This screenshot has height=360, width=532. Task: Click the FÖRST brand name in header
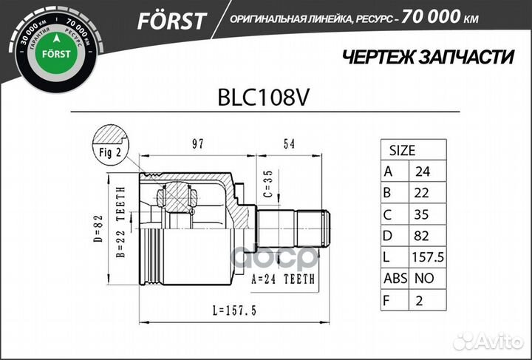point(171,20)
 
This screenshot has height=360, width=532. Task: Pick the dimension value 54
point(289,143)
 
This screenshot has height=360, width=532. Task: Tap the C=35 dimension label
point(268,189)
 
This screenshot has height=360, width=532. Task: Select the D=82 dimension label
point(101,228)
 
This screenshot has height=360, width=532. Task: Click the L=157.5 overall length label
point(223,311)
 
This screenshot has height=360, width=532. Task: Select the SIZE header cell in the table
point(401,150)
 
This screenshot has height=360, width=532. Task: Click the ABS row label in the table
point(392,279)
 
